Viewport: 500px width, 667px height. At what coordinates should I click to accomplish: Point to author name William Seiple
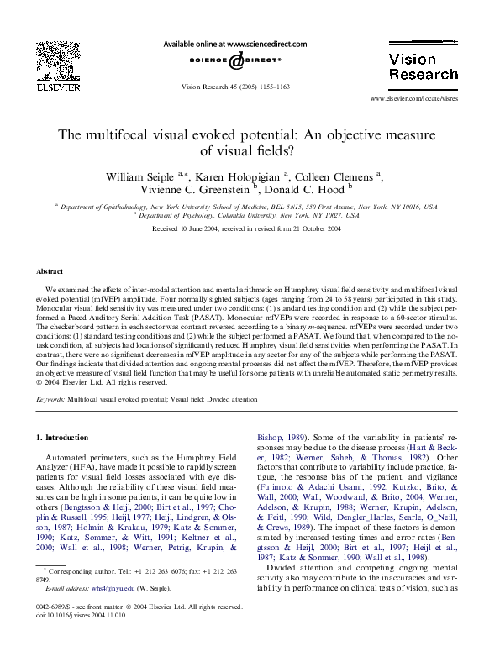(137, 176)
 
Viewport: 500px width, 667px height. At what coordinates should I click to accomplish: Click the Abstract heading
(50, 272)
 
